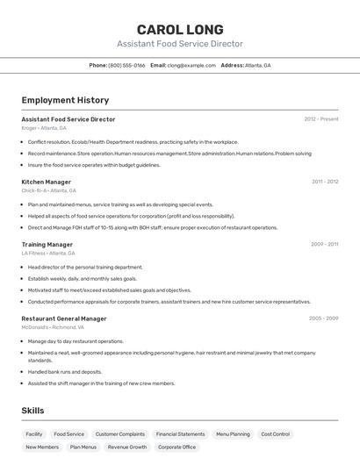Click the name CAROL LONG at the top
180,29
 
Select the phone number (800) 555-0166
126,65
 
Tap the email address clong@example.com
191,65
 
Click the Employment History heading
65,100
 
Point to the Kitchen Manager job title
47,182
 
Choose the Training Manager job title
47,245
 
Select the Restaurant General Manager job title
64,318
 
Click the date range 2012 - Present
320,119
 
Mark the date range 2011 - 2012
325,182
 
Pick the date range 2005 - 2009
323,318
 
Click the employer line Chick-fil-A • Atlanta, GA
49,190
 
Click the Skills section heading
33,411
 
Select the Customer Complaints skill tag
120,434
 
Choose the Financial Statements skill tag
180,434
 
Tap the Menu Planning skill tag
234,434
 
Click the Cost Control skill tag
275,434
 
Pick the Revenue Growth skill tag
127,447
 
